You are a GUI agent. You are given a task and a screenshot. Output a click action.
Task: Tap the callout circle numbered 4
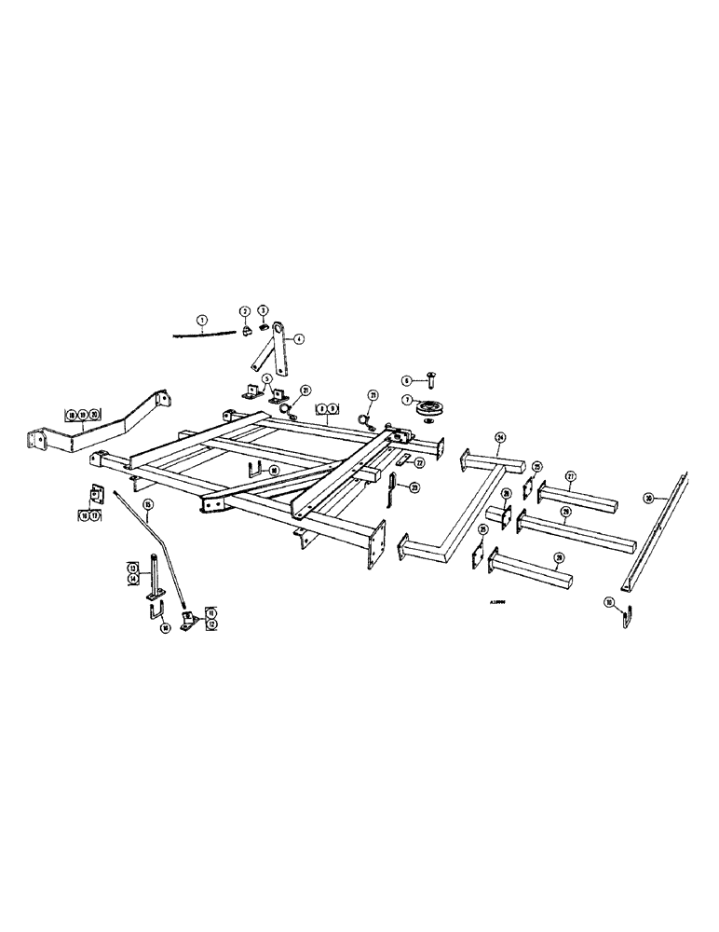pyautogui.click(x=300, y=339)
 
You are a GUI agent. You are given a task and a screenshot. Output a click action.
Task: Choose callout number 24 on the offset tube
pyautogui.click(x=499, y=437)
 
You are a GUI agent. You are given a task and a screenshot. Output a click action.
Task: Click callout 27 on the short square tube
pyautogui.click(x=571, y=475)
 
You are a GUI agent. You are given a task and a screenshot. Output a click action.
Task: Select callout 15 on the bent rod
pyautogui.click(x=148, y=504)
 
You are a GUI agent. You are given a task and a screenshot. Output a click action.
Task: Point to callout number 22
pyautogui.click(x=419, y=463)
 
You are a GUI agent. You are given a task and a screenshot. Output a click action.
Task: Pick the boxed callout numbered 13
pyautogui.click(x=132, y=567)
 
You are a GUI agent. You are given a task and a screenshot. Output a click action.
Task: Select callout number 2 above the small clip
pyautogui.click(x=244, y=311)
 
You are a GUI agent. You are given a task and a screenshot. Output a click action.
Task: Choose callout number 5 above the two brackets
pyautogui.click(x=267, y=377)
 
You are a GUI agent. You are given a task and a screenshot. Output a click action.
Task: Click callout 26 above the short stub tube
pyautogui.click(x=506, y=494)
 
